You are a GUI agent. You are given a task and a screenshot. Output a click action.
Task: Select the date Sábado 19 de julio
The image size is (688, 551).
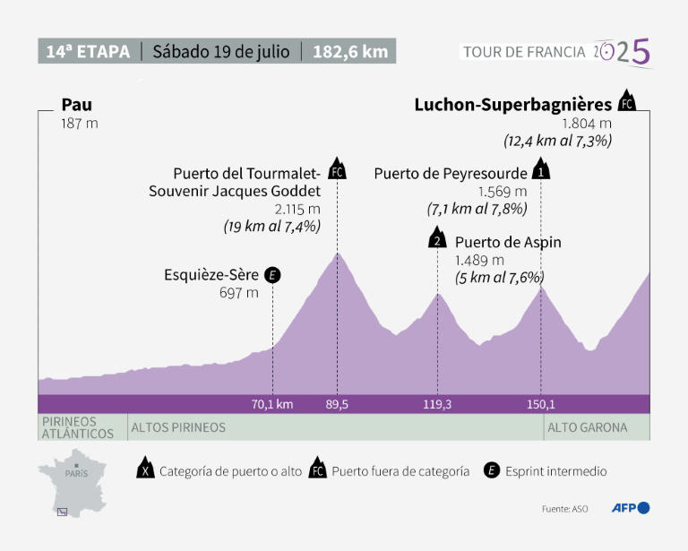(x=220, y=51)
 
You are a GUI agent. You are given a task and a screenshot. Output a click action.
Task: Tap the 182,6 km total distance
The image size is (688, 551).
(x=350, y=51)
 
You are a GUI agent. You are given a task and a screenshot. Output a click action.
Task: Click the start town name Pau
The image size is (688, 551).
(x=77, y=105)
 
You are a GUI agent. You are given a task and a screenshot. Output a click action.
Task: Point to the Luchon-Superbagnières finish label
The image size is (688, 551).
(x=512, y=105)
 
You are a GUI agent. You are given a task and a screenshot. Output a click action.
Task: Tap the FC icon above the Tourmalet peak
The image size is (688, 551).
(x=337, y=169)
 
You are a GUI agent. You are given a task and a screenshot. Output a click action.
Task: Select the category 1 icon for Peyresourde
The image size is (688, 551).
(x=541, y=169)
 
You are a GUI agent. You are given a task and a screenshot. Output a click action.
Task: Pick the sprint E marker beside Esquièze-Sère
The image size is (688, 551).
(x=273, y=275)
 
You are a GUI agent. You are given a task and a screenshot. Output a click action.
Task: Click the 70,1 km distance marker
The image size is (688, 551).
(x=272, y=404)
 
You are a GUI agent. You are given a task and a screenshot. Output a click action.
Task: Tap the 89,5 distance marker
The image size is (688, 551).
(x=337, y=404)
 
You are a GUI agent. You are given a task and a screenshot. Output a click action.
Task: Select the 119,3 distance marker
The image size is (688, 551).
(x=437, y=404)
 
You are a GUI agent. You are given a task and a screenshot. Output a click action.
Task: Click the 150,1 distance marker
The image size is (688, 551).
(x=541, y=404)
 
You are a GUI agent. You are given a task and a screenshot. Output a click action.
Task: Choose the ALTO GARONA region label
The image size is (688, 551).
(x=587, y=427)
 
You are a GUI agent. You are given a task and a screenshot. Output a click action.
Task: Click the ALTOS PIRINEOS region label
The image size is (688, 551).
(x=178, y=427)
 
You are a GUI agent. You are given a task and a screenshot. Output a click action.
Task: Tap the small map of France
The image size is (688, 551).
(x=73, y=485)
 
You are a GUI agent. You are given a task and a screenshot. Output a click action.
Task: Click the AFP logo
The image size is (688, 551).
(x=630, y=508)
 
